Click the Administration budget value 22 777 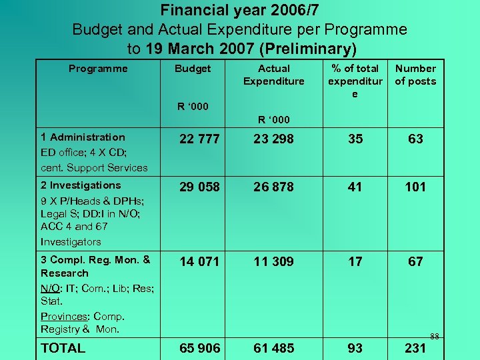(200, 139)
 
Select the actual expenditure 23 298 (273, 139)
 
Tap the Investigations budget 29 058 (200, 187)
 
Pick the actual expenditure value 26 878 (273, 187)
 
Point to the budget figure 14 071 (200, 262)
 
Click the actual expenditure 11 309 (273, 262)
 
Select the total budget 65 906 (200, 348)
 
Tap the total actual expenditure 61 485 (273, 348)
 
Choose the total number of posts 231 (415, 348)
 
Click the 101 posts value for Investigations (415, 187)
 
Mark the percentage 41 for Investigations (355, 187)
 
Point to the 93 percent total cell (355, 348)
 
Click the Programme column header (98, 68)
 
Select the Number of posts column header (415, 75)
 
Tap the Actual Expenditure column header (273, 75)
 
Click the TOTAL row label (63, 348)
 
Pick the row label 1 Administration (83, 137)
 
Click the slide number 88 (434, 336)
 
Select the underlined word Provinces (65, 316)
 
